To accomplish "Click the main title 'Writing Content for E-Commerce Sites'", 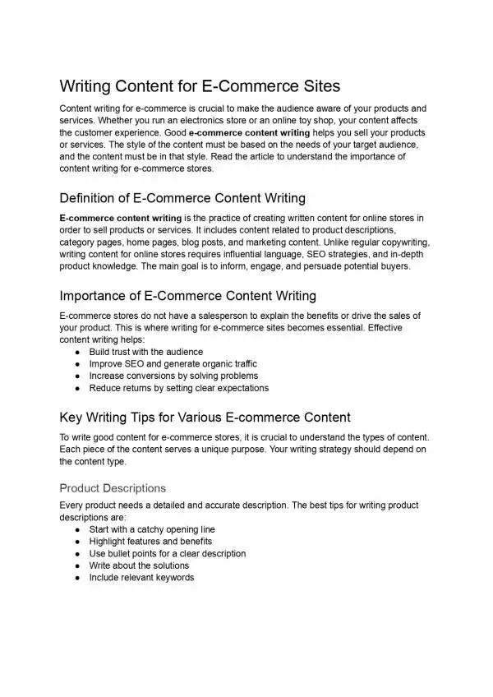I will (200, 85).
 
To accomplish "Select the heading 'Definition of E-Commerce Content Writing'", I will (182, 198).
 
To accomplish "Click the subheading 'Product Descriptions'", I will (113, 487).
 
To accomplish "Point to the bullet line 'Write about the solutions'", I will (139, 565).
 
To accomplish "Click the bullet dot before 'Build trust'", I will (76, 352).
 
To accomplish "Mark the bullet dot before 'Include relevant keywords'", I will (76, 578).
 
